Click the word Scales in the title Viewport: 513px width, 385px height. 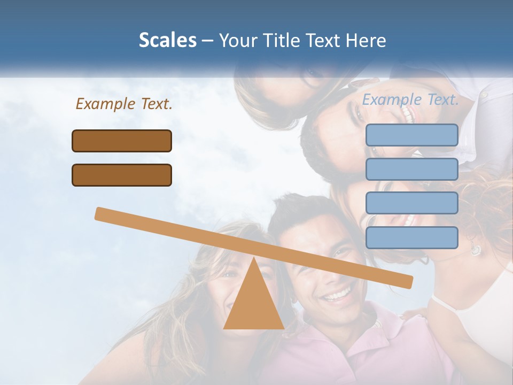click(x=167, y=41)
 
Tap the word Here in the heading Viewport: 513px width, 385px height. click(x=366, y=41)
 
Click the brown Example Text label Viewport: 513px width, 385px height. click(x=124, y=104)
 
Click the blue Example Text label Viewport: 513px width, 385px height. click(x=410, y=99)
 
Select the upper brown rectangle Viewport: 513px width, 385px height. click(x=122, y=141)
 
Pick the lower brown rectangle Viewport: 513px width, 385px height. click(x=122, y=175)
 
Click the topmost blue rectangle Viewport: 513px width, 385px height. click(x=411, y=135)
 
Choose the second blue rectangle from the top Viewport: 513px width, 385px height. click(x=411, y=169)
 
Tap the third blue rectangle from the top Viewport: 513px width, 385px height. click(x=411, y=203)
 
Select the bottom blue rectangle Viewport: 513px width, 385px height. click(x=411, y=237)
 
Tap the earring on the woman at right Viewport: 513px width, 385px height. click(x=475, y=250)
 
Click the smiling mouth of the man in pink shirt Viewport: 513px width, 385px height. click(x=337, y=295)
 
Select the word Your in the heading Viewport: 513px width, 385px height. click(x=236, y=41)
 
